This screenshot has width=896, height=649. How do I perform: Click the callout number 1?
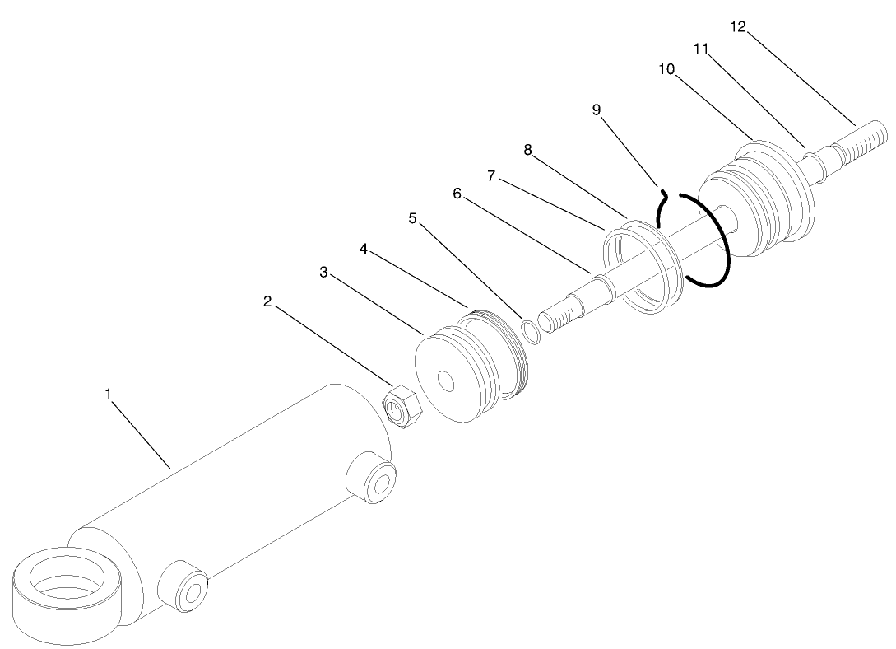[x=108, y=394]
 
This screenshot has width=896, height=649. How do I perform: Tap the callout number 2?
[x=267, y=301]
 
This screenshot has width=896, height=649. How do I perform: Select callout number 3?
[x=324, y=273]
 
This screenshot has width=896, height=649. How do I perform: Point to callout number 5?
[x=412, y=218]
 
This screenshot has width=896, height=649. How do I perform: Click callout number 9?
[x=597, y=110]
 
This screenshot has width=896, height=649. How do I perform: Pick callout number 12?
[x=737, y=27]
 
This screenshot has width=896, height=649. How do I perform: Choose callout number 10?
[x=666, y=69]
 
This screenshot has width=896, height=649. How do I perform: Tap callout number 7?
[x=491, y=176]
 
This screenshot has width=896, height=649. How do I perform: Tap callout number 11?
[x=701, y=49]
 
